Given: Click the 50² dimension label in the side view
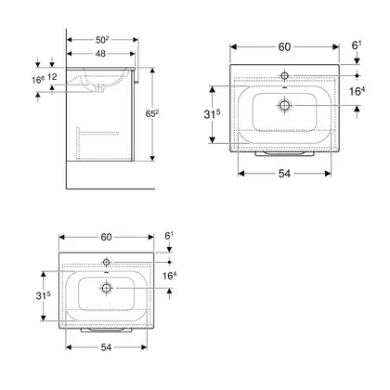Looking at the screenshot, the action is [102, 40].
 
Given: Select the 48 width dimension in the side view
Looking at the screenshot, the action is [100, 54].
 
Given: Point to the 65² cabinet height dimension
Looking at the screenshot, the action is [152, 114].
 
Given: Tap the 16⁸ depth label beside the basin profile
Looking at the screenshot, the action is [38, 80].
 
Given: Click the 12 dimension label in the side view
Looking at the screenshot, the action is [52, 76].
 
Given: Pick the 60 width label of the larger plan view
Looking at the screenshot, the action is [284, 47].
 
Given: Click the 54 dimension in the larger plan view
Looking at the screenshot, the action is [284, 174].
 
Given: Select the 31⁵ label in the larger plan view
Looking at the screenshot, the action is [212, 114].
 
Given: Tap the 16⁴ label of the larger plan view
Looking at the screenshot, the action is [357, 91].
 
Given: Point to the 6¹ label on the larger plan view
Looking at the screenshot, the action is [357, 45].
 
